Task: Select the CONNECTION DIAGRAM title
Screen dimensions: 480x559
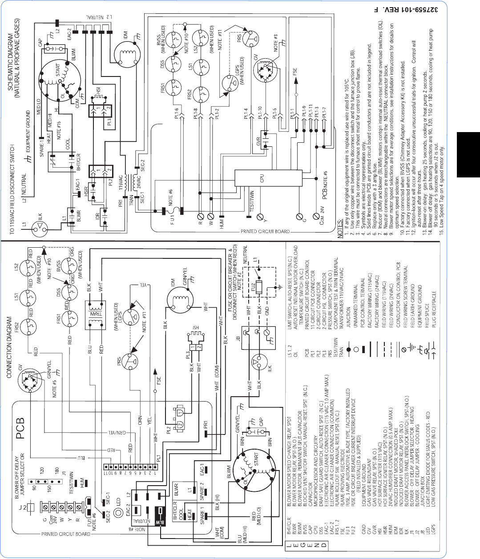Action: point(9,347)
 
